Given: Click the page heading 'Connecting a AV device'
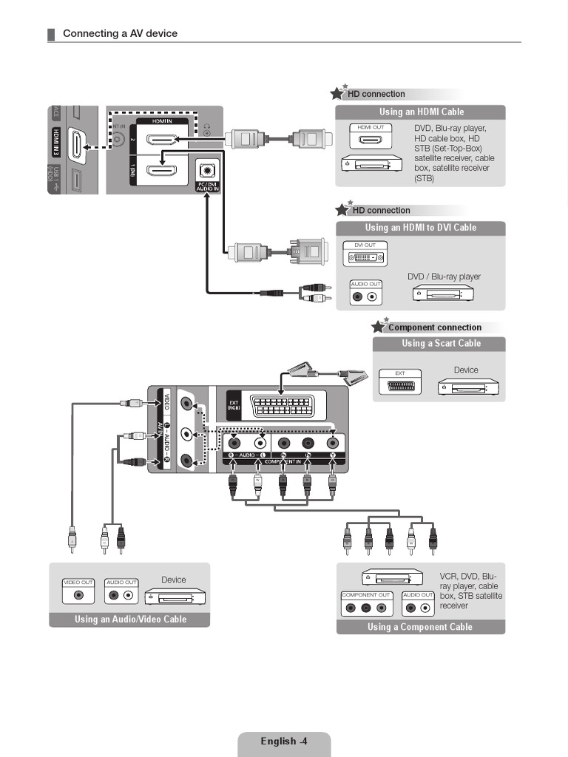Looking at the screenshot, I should click(120, 33).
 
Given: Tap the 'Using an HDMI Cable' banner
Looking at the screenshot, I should click(421, 112).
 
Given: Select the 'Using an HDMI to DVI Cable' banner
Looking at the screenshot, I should click(421, 228).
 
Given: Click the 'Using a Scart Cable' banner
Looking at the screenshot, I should click(441, 344).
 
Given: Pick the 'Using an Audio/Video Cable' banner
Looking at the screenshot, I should click(130, 619).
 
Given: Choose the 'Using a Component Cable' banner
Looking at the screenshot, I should click(420, 627).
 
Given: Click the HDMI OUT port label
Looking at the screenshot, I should click(371, 128).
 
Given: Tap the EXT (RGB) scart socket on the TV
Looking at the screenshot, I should click(281, 407).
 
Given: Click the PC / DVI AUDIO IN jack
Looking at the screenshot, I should click(207, 170).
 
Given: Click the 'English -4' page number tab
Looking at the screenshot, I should click(284, 741).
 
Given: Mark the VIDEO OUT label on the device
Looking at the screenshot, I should click(78, 583).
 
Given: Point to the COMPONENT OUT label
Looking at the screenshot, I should click(365, 594).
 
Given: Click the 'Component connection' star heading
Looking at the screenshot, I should click(434, 327).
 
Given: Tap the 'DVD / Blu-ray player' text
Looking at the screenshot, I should click(444, 277).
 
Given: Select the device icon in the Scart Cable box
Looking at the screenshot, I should click(468, 387).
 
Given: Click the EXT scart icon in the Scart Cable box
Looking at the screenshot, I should click(399, 387).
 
